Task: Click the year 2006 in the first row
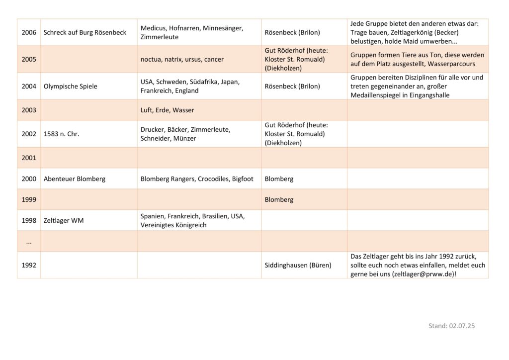click(x=29, y=32)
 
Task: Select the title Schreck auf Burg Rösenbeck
click(x=85, y=32)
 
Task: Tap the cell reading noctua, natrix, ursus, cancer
click(x=182, y=59)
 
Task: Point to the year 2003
click(x=29, y=110)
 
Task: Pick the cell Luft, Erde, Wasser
click(x=167, y=110)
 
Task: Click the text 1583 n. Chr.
click(x=61, y=134)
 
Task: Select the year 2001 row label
click(x=29, y=158)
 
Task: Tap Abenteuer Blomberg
click(x=75, y=179)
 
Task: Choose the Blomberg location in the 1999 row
click(x=279, y=199)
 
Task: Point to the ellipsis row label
click(x=29, y=242)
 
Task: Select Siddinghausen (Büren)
click(x=298, y=265)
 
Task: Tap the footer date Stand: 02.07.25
click(x=451, y=326)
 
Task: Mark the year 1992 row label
click(x=29, y=265)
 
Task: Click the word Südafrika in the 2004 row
click(x=205, y=82)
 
